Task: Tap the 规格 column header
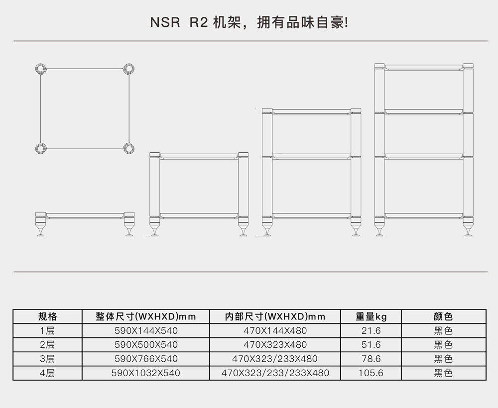coord(48,316)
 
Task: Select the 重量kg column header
coord(371,316)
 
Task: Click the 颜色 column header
coord(443,316)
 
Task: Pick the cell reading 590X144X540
coord(146,330)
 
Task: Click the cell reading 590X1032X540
coord(146,373)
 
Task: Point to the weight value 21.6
coord(371,330)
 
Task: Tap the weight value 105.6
coord(371,373)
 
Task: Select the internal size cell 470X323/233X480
coord(275,359)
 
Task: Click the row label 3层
coord(47,359)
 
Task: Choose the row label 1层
coord(47,330)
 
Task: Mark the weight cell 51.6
coord(371,344)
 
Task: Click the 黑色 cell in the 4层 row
coord(443,373)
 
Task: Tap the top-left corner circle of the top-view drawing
coord(41,69)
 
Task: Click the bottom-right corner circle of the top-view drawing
coord(129,148)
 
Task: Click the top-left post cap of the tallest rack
coord(379,66)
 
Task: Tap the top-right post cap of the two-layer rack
coord(244,155)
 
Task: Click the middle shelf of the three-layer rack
coord(312,156)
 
